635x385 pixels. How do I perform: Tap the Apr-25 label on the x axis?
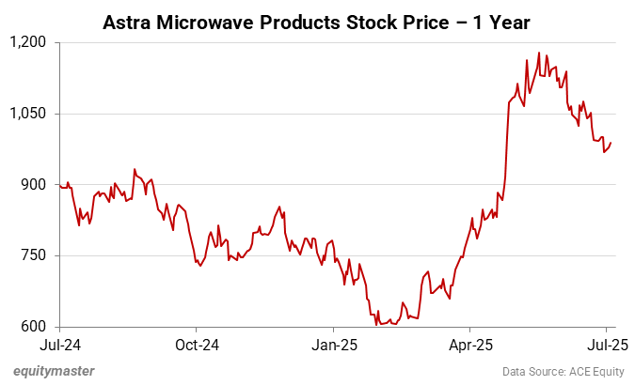click(x=469, y=345)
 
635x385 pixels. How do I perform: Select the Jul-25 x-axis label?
click(x=606, y=345)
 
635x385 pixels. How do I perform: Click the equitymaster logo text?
click(x=54, y=371)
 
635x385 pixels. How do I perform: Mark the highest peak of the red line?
click(x=538, y=53)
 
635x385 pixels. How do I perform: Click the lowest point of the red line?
click(x=377, y=325)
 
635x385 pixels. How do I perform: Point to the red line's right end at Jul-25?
click(x=611, y=143)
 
